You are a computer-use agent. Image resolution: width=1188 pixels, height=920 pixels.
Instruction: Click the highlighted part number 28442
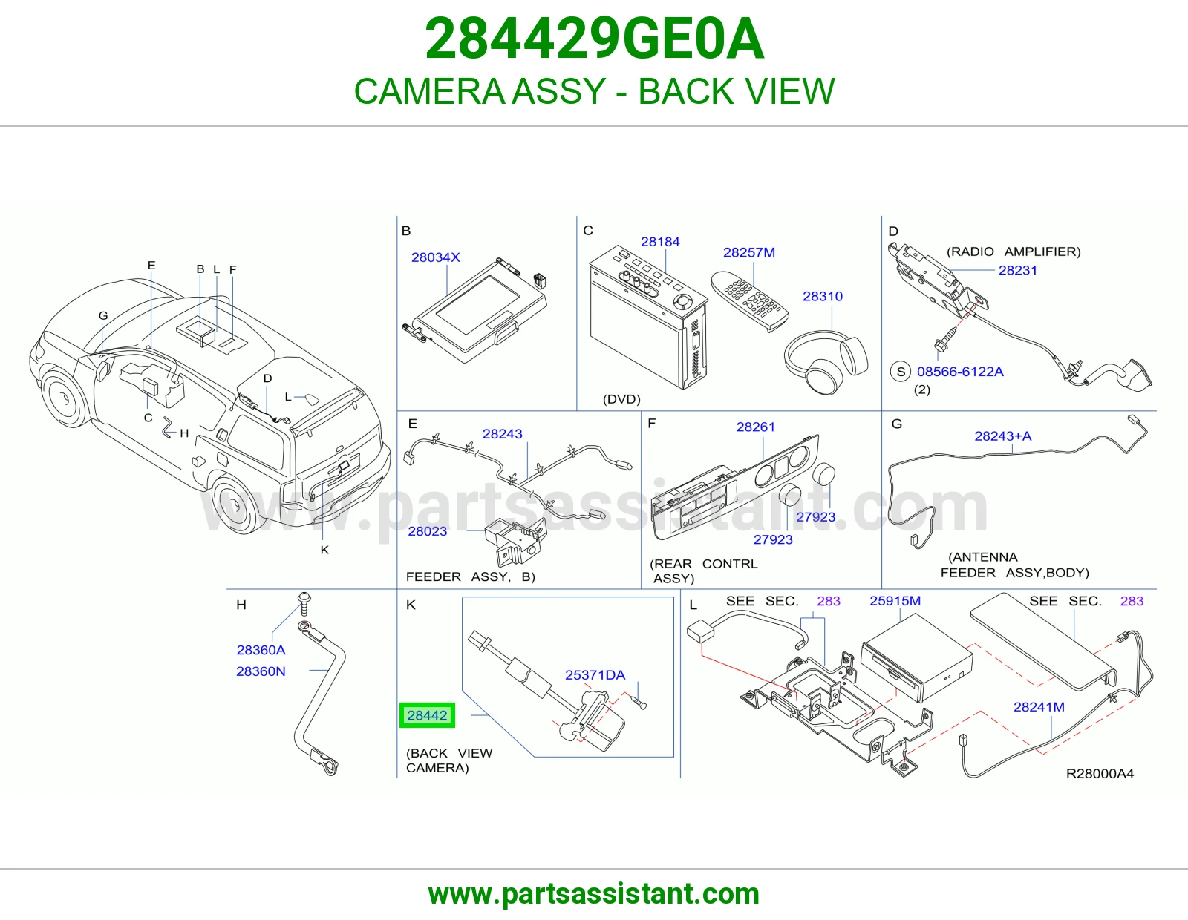[x=427, y=715]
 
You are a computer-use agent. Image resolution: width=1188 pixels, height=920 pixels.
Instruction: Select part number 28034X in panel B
[x=436, y=257]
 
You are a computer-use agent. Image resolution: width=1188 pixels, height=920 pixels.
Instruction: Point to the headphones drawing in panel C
[x=826, y=361]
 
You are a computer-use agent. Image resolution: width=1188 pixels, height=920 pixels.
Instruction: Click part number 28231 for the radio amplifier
[x=1017, y=270]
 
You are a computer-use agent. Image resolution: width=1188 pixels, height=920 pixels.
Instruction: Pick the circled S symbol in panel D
[x=901, y=372]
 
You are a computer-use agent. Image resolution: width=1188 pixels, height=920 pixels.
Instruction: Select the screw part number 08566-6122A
[x=960, y=372]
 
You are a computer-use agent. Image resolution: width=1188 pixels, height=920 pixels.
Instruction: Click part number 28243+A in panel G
[x=1002, y=436]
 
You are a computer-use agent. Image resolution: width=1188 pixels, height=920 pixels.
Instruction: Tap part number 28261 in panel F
[x=756, y=427]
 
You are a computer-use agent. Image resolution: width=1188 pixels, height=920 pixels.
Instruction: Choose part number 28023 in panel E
[x=428, y=531]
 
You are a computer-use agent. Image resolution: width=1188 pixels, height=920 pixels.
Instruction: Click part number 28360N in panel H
[x=261, y=671]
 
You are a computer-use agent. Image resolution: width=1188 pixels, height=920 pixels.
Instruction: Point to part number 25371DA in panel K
[x=595, y=675]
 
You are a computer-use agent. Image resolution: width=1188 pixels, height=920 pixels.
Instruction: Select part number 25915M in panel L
[x=895, y=601]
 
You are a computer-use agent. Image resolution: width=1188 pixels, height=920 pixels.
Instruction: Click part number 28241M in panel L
[x=1039, y=707]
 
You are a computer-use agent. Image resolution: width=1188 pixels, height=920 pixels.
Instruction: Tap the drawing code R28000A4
[x=1100, y=774]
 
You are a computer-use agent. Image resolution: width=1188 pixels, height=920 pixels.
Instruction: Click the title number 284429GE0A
[x=594, y=39]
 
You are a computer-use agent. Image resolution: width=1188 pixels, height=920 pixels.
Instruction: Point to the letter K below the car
[x=324, y=550]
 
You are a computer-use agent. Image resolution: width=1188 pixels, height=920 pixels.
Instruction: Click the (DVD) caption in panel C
[x=621, y=399]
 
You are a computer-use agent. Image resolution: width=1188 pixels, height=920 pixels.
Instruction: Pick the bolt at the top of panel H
[x=304, y=605]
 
